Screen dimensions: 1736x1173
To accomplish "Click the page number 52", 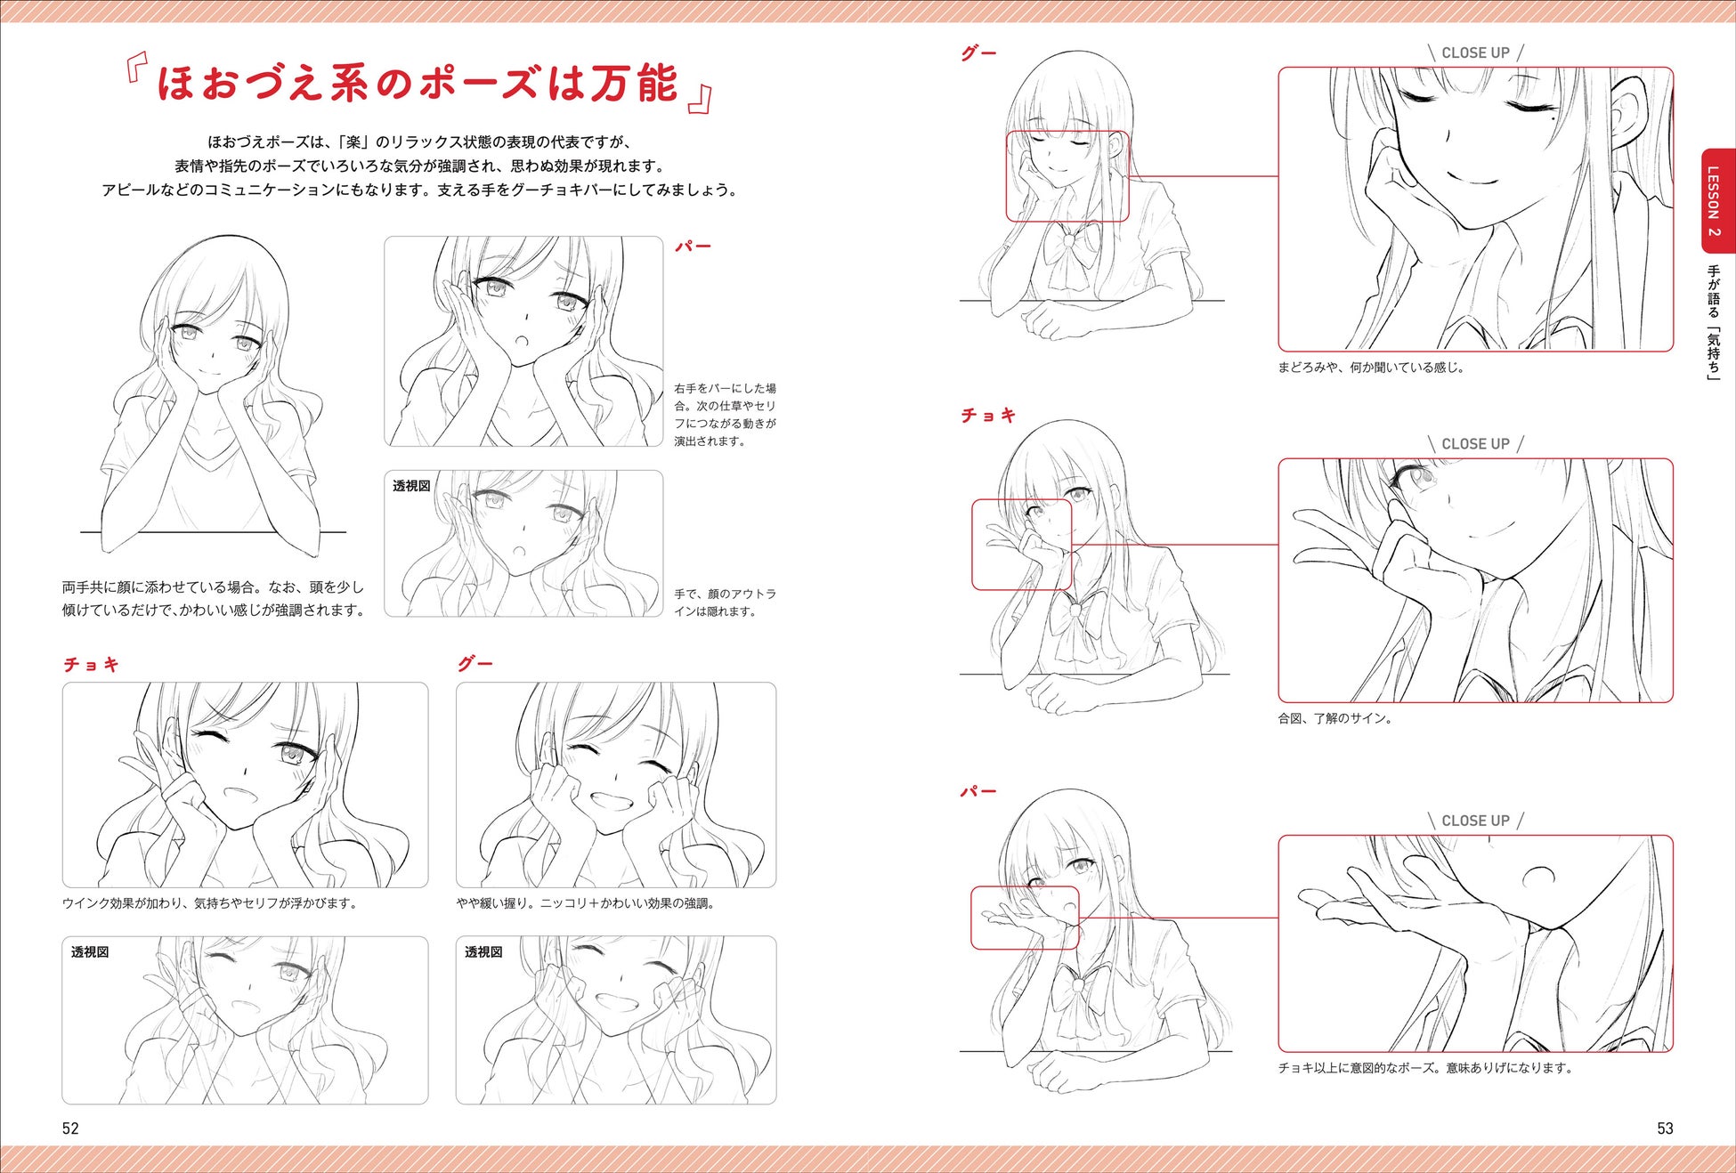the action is coord(70,1129).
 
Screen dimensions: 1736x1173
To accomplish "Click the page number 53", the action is coord(1665,1129).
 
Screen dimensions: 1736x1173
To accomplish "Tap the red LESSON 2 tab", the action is coord(1713,200).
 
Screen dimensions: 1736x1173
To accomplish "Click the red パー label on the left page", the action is coord(693,247).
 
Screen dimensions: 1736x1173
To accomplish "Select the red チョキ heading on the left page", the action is coord(91,665).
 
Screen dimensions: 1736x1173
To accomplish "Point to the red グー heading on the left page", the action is coord(475,664).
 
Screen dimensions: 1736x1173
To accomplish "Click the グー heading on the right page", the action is coord(978,53).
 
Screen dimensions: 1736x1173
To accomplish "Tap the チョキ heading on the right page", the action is coord(988,416).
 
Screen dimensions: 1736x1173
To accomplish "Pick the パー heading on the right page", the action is coord(978,792).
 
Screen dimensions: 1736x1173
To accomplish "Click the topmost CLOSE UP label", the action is coord(1475,53).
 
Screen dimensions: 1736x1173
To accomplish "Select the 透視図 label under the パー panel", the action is coord(411,486).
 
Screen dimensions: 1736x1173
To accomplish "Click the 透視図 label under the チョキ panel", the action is coord(90,952).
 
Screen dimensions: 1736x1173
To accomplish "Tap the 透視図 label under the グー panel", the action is coord(483,952).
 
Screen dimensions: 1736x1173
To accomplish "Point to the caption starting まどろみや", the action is coord(1372,367).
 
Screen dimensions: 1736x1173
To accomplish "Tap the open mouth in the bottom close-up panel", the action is coord(1538,877).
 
